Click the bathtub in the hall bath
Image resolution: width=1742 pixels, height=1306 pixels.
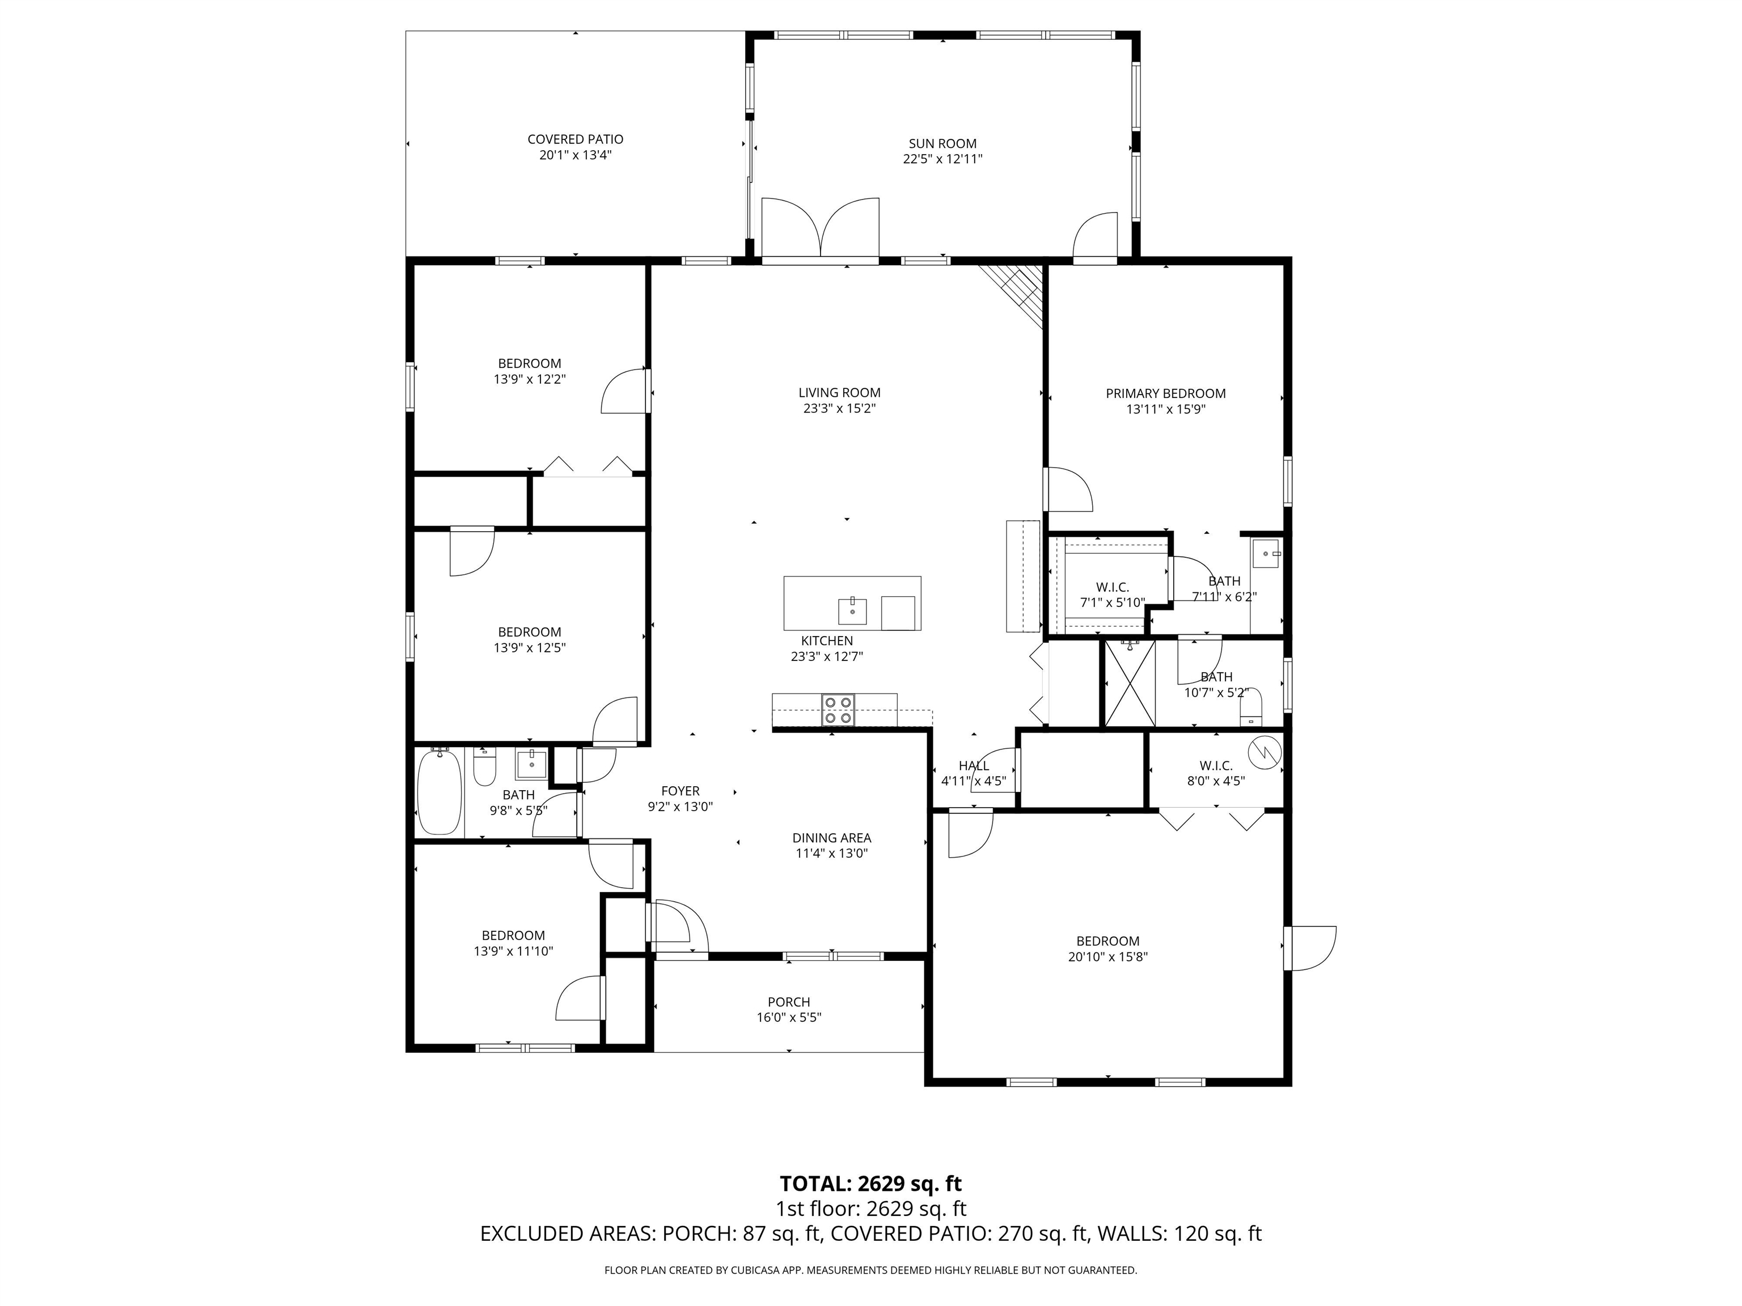439,792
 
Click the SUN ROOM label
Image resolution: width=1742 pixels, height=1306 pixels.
942,143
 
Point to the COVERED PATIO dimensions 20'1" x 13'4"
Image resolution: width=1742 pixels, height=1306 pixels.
575,155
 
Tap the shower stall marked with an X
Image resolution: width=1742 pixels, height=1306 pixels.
1130,683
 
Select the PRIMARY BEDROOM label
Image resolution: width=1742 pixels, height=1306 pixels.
1165,393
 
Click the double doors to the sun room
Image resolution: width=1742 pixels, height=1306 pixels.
820,228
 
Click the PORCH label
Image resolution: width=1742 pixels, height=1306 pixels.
788,1002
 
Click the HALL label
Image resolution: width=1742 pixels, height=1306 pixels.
974,766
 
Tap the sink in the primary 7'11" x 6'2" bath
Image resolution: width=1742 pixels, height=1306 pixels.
1266,553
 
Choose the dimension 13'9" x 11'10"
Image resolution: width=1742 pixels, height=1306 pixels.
513,951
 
